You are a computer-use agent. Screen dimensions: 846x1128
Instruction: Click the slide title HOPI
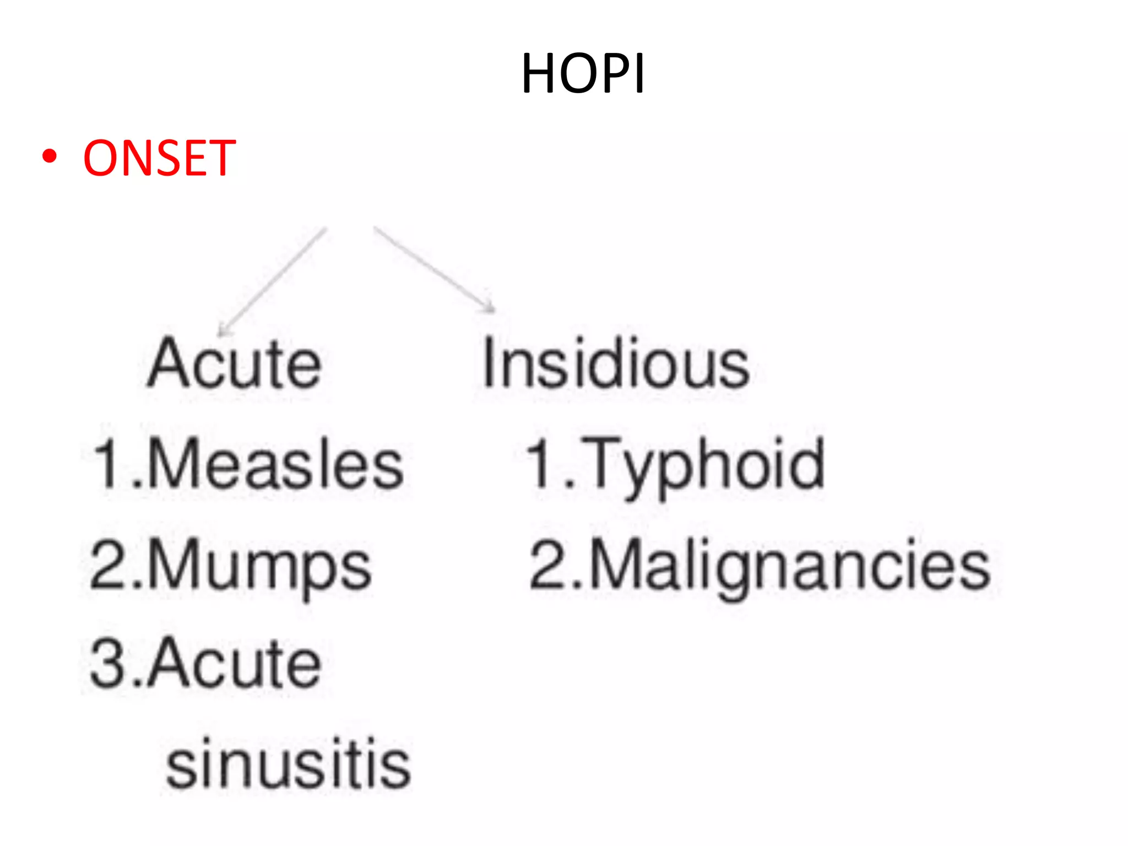pos(583,74)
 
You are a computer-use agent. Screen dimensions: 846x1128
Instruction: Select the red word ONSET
pos(160,159)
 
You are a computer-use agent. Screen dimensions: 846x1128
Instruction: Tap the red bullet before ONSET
pos(50,157)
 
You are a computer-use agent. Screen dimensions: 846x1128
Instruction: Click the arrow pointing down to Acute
pos(273,281)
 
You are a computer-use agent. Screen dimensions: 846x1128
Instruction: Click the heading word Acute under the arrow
pos(234,364)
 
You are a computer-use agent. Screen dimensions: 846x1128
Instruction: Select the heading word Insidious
pos(616,364)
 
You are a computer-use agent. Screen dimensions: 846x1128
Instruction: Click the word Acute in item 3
pos(234,663)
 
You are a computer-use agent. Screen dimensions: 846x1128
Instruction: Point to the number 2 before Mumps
pos(108,564)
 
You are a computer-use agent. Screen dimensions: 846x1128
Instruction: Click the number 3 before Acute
pos(109,663)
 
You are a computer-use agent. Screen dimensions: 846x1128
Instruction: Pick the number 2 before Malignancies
pos(547,564)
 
